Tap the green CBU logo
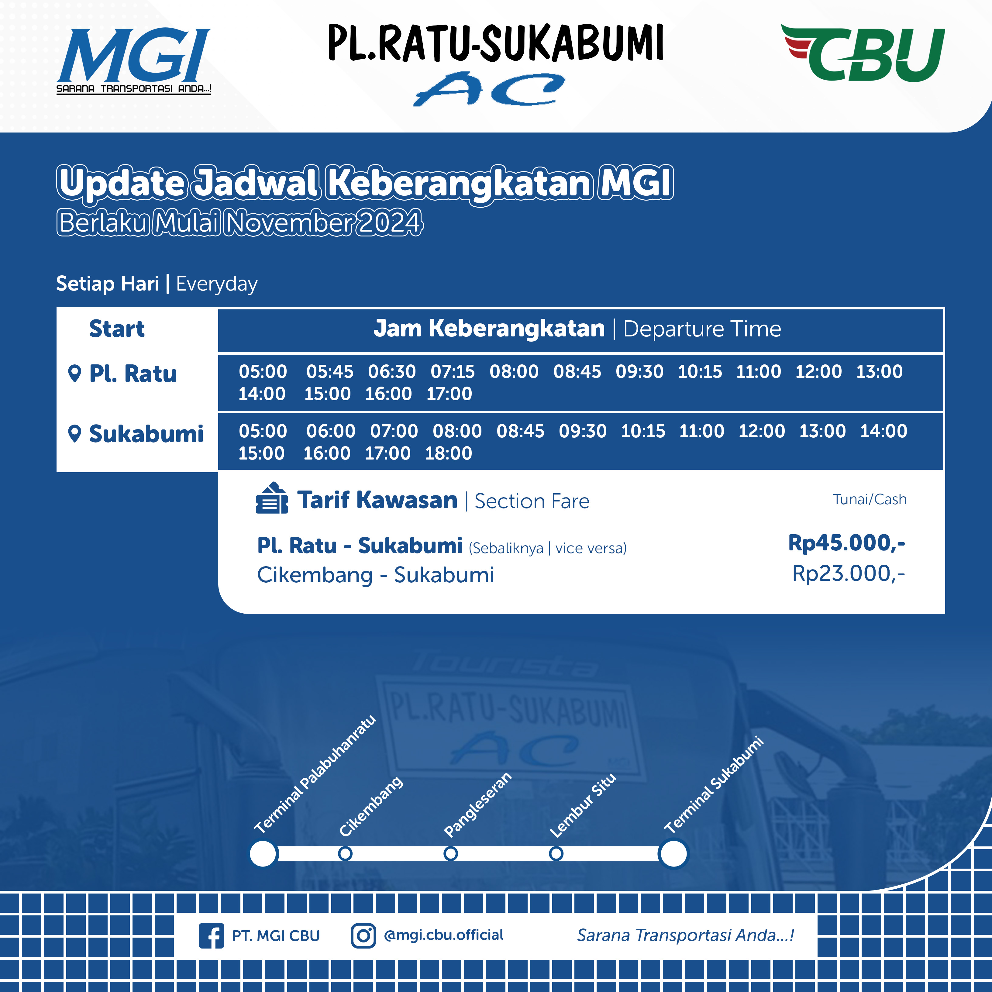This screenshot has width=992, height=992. (863, 53)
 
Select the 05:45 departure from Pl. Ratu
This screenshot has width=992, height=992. (330, 371)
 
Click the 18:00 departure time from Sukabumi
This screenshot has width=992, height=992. (448, 453)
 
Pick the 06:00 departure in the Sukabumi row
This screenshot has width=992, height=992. (331, 431)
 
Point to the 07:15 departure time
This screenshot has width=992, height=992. (452, 371)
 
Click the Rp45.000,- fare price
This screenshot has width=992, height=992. (846, 543)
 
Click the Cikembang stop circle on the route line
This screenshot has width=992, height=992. (345, 853)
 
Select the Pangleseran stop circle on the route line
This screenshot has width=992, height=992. (450, 853)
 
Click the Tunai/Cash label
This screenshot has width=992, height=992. (869, 499)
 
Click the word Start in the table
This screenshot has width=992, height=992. (117, 329)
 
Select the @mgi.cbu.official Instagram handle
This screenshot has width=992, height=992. (444, 935)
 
